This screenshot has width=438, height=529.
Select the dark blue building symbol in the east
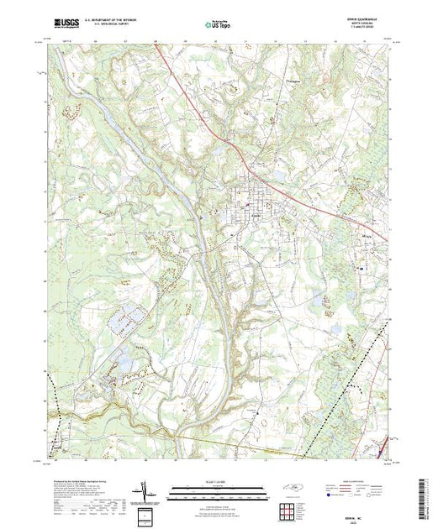[361, 269]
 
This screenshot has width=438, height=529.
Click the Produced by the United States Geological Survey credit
[84, 482]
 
